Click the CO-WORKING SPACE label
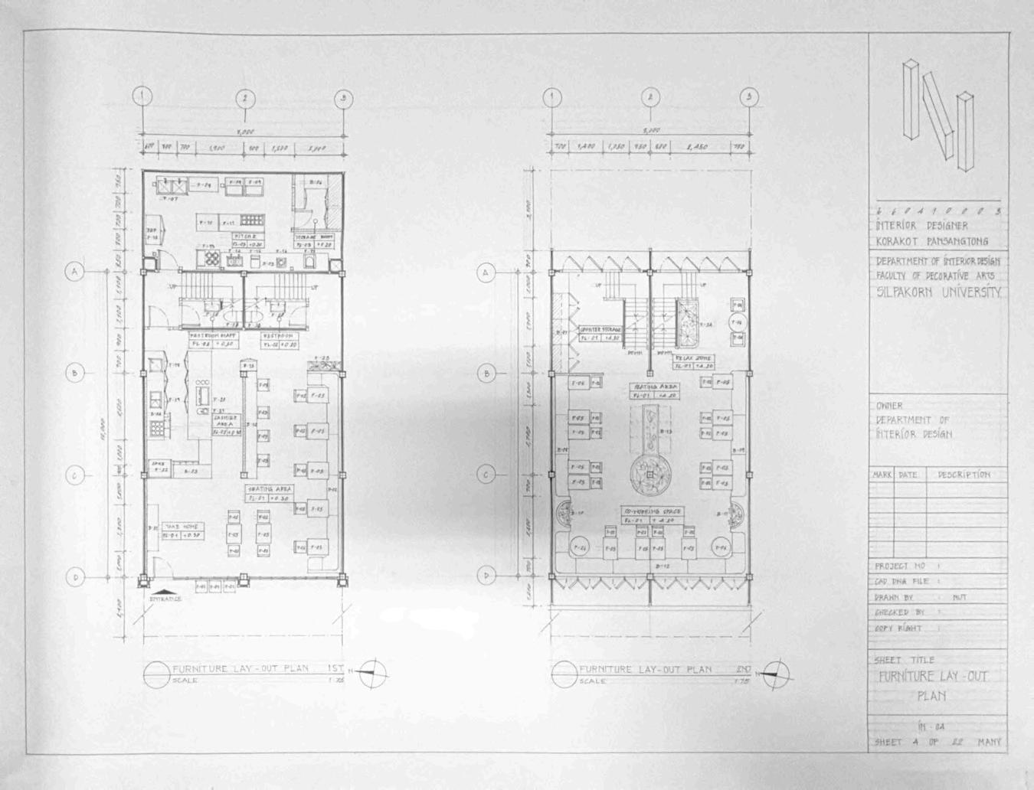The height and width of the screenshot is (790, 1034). point(653,511)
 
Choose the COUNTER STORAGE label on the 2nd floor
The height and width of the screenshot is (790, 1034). point(599,329)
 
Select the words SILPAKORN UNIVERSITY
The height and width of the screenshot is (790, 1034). point(937,292)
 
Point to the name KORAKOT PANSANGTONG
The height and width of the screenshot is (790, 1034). point(931,241)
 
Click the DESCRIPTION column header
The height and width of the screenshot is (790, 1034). point(964,475)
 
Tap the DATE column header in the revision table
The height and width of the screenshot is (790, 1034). point(908,475)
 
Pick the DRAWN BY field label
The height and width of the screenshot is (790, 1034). point(895,597)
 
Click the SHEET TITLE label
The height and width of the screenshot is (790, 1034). point(904,660)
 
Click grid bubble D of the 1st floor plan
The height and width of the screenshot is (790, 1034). point(75,577)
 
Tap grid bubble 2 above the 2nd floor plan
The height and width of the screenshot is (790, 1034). point(650,97)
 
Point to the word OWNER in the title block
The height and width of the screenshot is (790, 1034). point(889,406)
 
